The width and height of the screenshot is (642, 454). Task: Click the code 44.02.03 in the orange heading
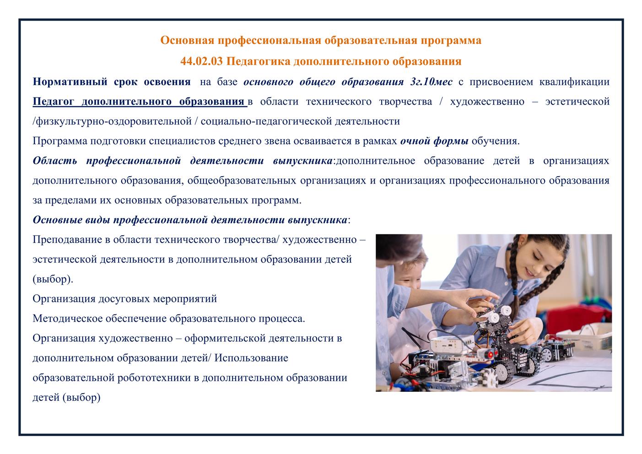click(x=201, y=61)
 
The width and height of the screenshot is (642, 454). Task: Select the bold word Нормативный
click(x=70, y=82)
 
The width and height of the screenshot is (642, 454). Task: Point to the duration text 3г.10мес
click(x=431, y=81)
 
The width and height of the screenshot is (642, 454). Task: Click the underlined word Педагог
click(x=53, y=102)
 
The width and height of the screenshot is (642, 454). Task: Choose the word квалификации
click(x=574, y=82)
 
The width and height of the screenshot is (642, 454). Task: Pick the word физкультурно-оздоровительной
click(x=114, y=121)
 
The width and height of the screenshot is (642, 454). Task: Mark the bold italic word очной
click(x=415, y=141)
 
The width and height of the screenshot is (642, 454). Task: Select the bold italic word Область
click(x=55, y=161)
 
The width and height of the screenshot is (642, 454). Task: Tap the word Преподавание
click(x=67, y=240)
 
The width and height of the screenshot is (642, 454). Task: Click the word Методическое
click(x=68, y=319)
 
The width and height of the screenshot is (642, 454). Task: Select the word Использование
click(x=251, y=358)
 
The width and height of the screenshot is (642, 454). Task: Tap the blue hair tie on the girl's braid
click(x=515, y=292)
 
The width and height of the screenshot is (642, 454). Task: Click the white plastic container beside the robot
click(x=585, y=337)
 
